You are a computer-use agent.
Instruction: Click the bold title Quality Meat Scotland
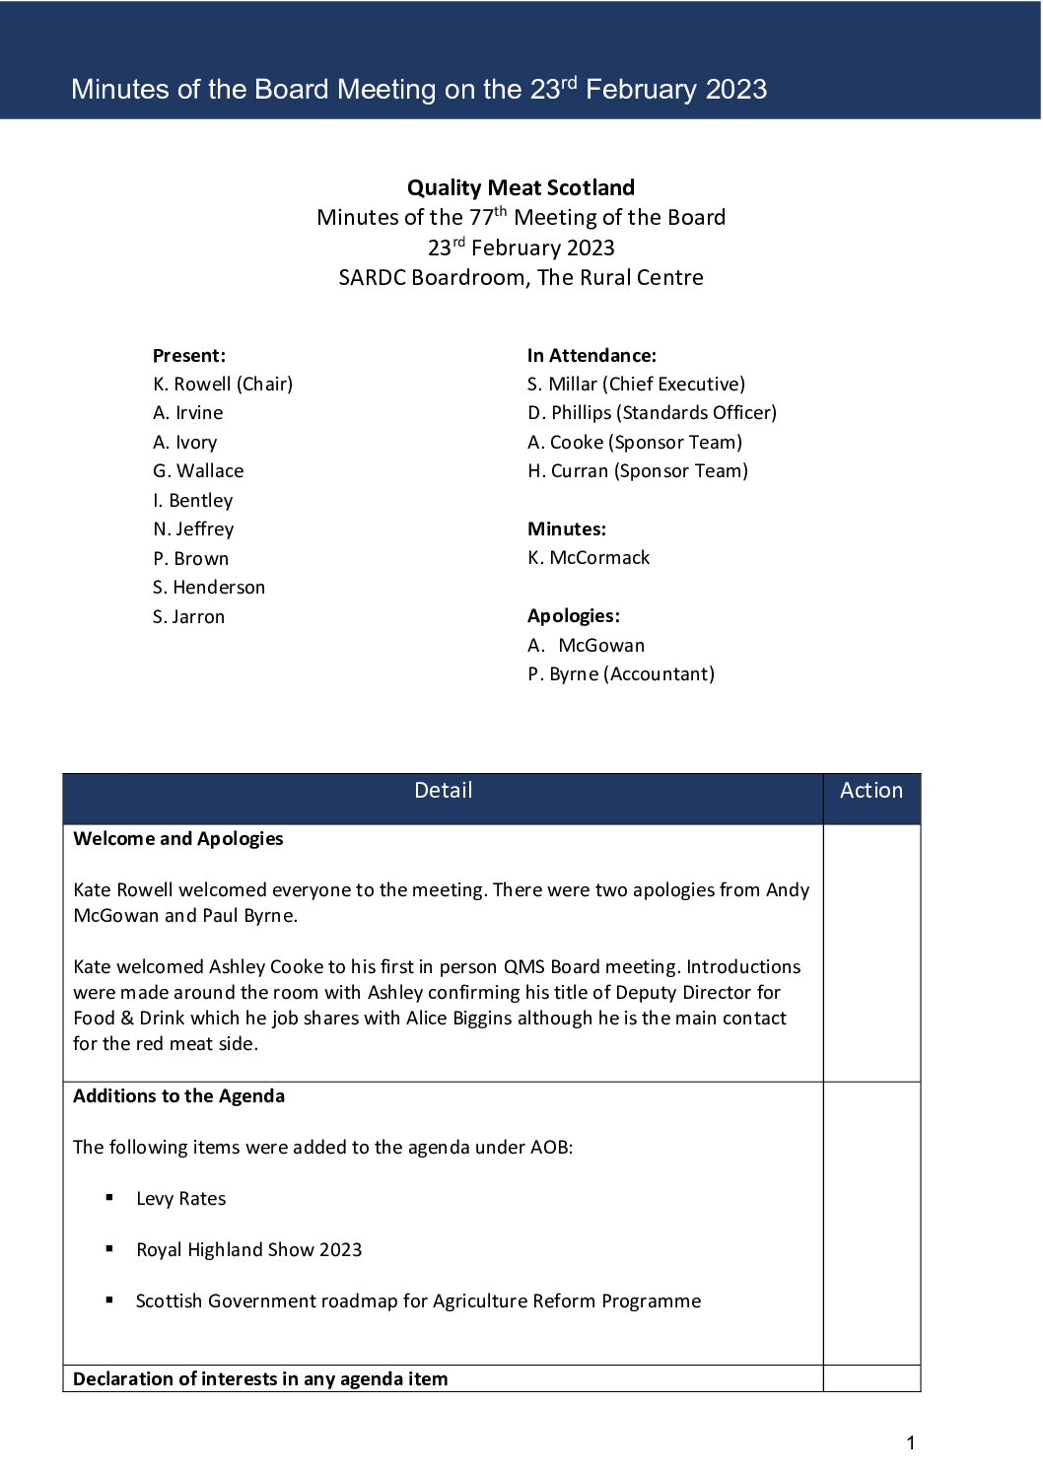(521, 187)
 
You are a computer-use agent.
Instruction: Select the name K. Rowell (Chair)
(223, 384)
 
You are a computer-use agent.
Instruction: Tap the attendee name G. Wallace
(198, 470)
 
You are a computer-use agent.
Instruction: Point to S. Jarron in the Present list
(189, 616)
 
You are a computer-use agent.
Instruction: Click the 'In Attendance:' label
(591, 355)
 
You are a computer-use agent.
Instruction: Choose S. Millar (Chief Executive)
(636, 384)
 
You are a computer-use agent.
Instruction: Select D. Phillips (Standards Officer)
(652, 412)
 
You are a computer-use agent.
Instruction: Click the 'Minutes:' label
(567, 528)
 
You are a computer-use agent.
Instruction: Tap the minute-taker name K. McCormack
(589, 557)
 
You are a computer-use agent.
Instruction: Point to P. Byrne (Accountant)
(621, 673)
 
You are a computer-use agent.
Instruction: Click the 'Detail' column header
(443, 790)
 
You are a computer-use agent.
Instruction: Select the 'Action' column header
(871, 790)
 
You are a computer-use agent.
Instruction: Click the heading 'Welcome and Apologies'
(178, 838)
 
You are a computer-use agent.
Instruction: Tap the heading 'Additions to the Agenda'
(178, 1095)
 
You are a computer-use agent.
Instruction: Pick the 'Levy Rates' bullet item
(180, 1198)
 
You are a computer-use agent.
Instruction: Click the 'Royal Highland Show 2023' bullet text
(248, 1249)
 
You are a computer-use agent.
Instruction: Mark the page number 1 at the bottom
(910, 1443)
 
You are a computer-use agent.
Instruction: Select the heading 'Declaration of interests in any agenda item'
(260, 1378)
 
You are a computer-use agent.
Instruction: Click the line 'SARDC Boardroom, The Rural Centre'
(521, 277)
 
